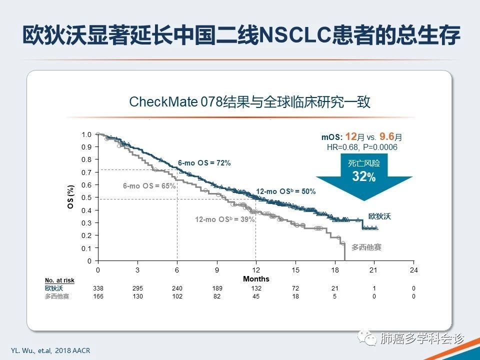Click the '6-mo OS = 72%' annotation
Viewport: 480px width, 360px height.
coord(204,163)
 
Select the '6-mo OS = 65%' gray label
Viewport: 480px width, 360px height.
coord(149,186)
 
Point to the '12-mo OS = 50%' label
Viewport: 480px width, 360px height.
coord(285,191)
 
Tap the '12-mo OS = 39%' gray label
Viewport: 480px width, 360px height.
coord(224,219)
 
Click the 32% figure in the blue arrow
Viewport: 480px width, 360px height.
coord(363,176)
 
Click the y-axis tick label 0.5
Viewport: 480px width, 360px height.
coord(86,197)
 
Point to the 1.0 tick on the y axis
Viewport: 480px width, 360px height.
coord(86,134)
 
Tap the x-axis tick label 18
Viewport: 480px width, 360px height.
coord(334,270)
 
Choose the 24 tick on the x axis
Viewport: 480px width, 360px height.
coord(413,270)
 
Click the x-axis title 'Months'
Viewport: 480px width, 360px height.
coord(256,279)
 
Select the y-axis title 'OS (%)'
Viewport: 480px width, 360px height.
coord(70,197)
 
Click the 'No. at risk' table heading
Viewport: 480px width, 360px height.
coord(59,280)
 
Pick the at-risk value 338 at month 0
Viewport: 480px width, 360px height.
coord(98,288)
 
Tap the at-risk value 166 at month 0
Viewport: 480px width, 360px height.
coord(98,296)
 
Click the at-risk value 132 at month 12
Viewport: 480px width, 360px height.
coord(256,288)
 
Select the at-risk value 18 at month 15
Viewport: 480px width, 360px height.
coord(295,296)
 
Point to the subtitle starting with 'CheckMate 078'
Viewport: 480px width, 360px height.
coord(249,102)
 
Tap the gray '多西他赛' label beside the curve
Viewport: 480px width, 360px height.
coord(365,247)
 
